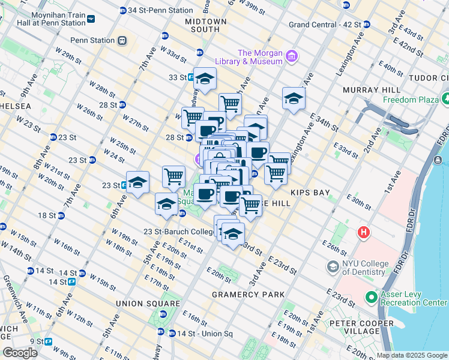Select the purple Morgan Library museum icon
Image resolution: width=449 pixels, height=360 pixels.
click(x=292, y=57)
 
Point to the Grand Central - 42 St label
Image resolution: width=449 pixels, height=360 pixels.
click(x=325, y=25)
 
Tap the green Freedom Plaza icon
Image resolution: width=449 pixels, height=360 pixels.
click(x=446, y=98)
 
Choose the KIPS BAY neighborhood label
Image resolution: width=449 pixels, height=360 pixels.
click(x=308, y=193)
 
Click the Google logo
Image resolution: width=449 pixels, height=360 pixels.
click(x=20, y=353)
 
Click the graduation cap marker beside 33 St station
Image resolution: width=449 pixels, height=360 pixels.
click(x=205, y=79)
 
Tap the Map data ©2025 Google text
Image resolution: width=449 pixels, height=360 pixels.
click(x=411, y=355)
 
